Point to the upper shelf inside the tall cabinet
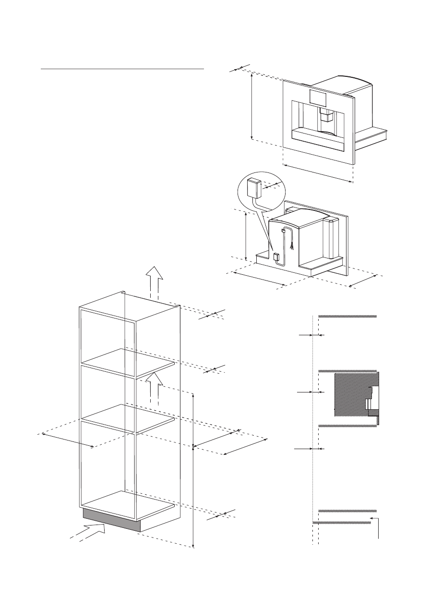tap(127, 363)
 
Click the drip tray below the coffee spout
tap(319, 134)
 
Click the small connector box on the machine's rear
tap(276, 257)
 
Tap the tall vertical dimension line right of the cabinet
tap(193, 471)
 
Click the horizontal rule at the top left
tap(122, 69)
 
